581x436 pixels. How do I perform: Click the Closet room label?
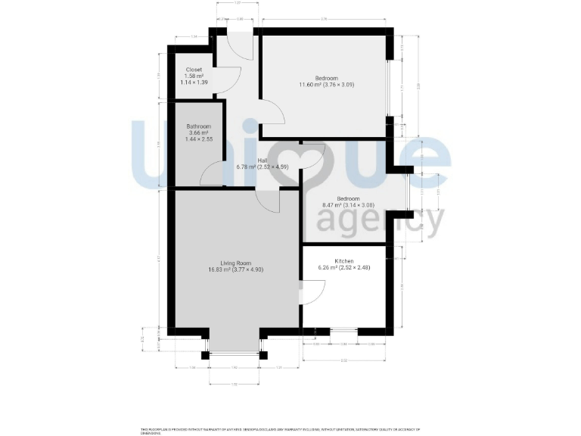(194, 70)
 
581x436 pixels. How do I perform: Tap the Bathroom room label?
(200, 126)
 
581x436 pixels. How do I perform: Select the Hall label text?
(263, 160)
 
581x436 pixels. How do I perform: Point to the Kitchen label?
(344, 261)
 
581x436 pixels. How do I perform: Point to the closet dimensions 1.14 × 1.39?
(194, 83)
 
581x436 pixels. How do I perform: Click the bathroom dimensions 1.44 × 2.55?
(200, 140)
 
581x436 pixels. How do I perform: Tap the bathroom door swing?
(212, 173)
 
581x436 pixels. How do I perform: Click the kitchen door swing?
(314, 291)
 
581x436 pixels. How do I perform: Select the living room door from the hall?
(269, 201)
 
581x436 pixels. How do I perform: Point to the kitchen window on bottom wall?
(344, 331)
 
